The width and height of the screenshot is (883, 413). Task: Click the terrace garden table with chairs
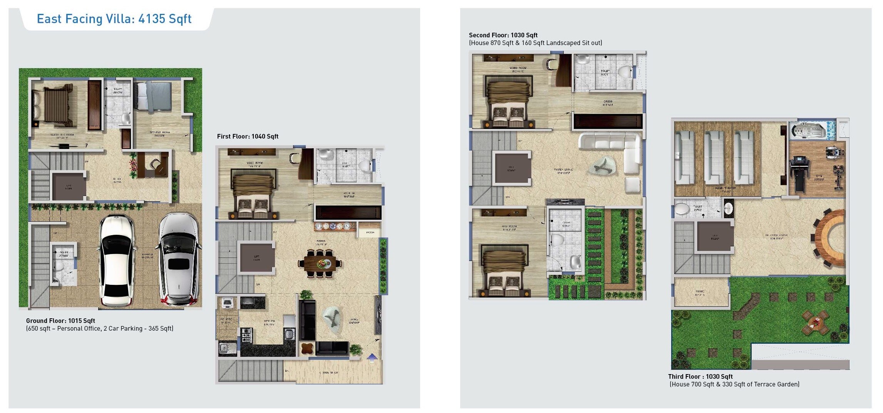point(814,323)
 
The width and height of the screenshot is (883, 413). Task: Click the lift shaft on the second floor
point(511,169)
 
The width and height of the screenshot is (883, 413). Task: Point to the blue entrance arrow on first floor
point(372,358)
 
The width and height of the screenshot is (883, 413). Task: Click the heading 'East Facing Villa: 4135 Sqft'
point(114,18)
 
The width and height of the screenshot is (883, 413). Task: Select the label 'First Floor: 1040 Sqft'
point(248,136)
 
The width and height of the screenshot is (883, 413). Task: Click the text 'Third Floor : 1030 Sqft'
point(700,376)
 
